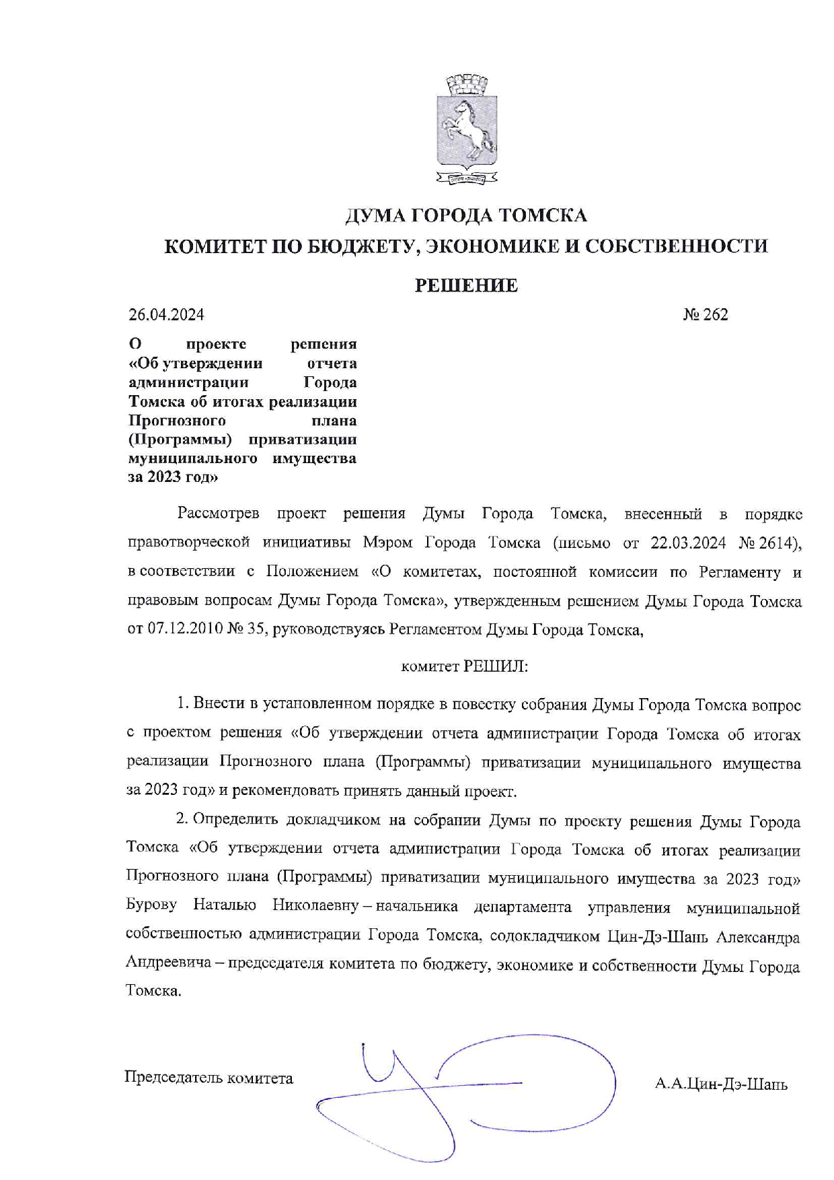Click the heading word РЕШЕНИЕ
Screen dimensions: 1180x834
point(466,285)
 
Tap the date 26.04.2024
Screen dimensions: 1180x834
point(166,314)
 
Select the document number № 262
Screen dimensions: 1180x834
point(706,314)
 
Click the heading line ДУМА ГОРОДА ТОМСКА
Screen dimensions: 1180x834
point(466,215)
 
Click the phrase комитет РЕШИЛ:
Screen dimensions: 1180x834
point(465,666)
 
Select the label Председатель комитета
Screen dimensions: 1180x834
point(208,1078)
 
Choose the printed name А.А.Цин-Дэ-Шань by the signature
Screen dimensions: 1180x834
point(721,1084)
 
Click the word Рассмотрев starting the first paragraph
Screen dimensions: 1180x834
point(219,514)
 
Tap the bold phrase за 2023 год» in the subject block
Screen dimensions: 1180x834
point(173,477)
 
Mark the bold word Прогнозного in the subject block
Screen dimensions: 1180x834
point(177,421)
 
